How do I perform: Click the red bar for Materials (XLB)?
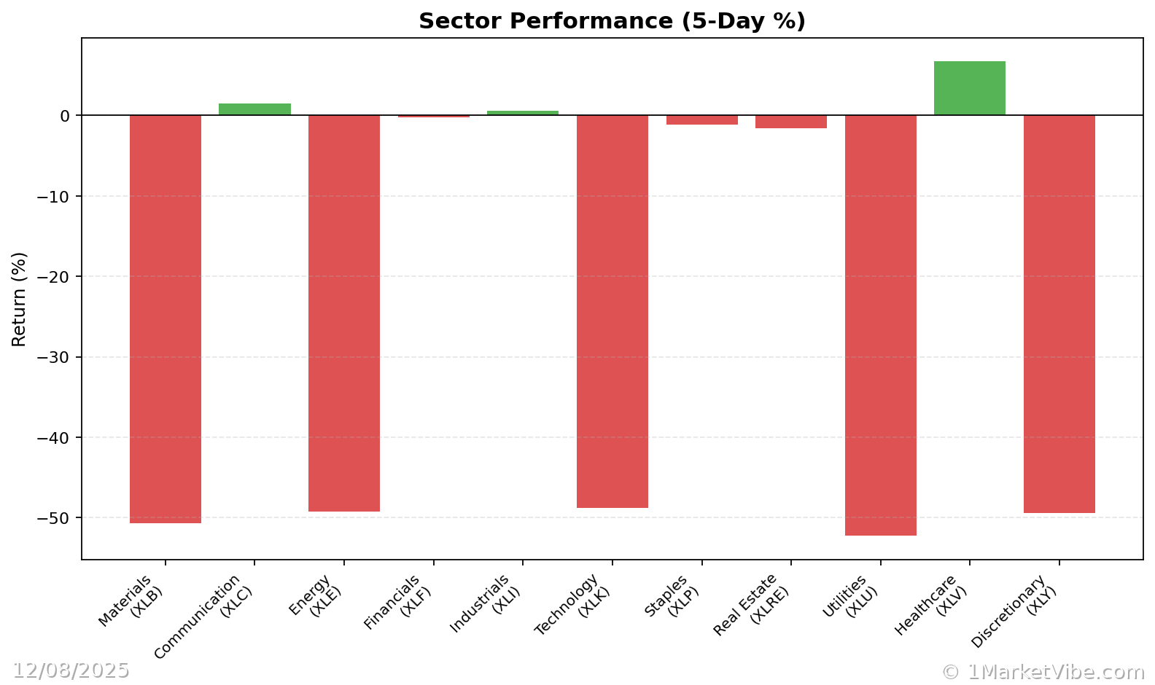click(166, 318)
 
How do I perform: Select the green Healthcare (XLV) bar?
click(969, 88)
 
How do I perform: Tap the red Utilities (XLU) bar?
click(880, 325)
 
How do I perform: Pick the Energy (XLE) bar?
click(344, 313)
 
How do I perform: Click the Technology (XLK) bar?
click(612, 311)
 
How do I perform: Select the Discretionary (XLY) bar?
click(1059, 314)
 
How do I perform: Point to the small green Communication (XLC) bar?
click(254, 109)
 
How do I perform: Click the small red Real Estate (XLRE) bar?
click(790, 122)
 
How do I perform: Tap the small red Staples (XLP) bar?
click(701, 120)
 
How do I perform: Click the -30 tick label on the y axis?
click(55, 358)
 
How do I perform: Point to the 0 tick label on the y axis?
click(65, 116)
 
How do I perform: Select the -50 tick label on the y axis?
click(55, 518)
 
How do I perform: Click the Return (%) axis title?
click(19, 299)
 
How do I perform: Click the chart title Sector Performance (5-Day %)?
click(612, 21)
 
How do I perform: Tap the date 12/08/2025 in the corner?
click(71, 670)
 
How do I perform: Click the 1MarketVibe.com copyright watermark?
click(1043, 672)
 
